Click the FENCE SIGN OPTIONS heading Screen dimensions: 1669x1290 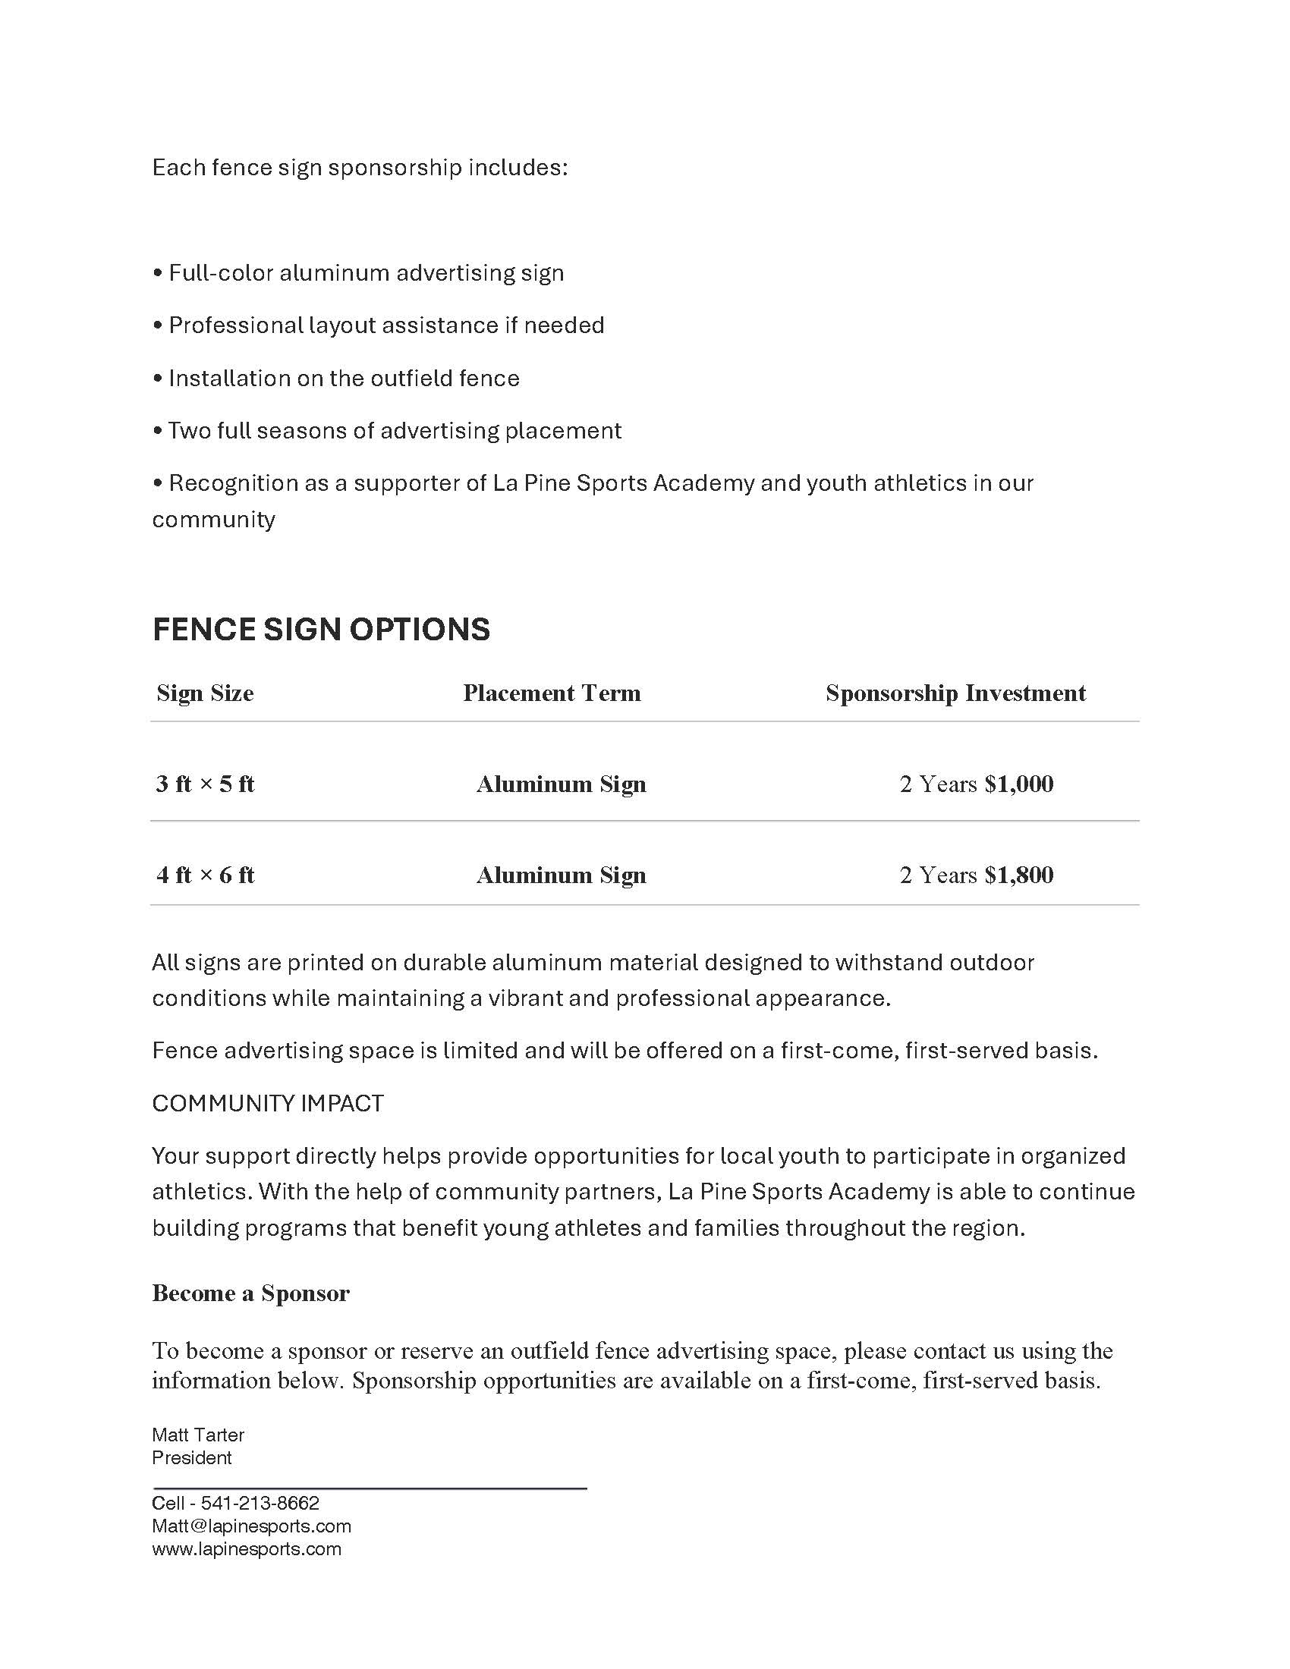click(321, 630)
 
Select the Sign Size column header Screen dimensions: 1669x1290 click(205, 693)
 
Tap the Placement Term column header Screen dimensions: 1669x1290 click(552, 693)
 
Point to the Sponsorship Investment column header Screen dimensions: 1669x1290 click(955, 693)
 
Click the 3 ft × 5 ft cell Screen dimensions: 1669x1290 click(205, 784)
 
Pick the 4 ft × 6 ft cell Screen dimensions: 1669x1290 click(205, 875)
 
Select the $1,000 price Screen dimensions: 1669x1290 click(1018, 784)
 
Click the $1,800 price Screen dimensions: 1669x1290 click(1018, 875)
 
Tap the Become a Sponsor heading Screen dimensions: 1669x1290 click(250, 1293)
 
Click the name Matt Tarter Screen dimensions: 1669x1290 click(198, 1435)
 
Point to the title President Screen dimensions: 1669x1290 click(192, 1457)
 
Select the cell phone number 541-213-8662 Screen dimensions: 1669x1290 click(260, 1503)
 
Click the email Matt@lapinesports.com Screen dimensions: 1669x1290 click(251, 1526)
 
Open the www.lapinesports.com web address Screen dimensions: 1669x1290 click(246, 1549)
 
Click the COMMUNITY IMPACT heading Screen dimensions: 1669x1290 click(267, 1104)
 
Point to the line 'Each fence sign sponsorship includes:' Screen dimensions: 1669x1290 click(360, 168)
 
